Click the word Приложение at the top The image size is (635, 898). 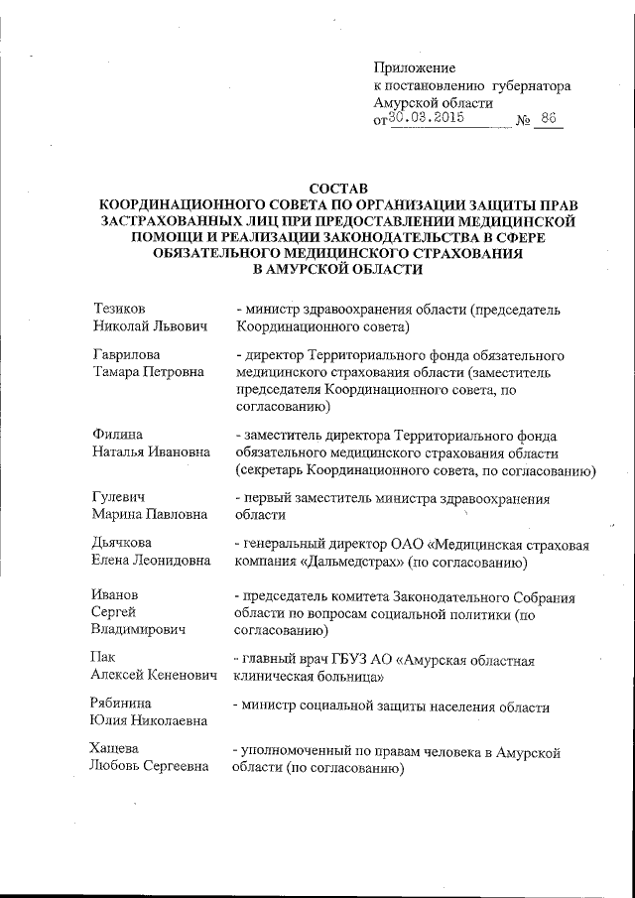coord(415,68)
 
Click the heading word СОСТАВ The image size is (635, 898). coord(337,188)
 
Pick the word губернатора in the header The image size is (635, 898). coord(530,86)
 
